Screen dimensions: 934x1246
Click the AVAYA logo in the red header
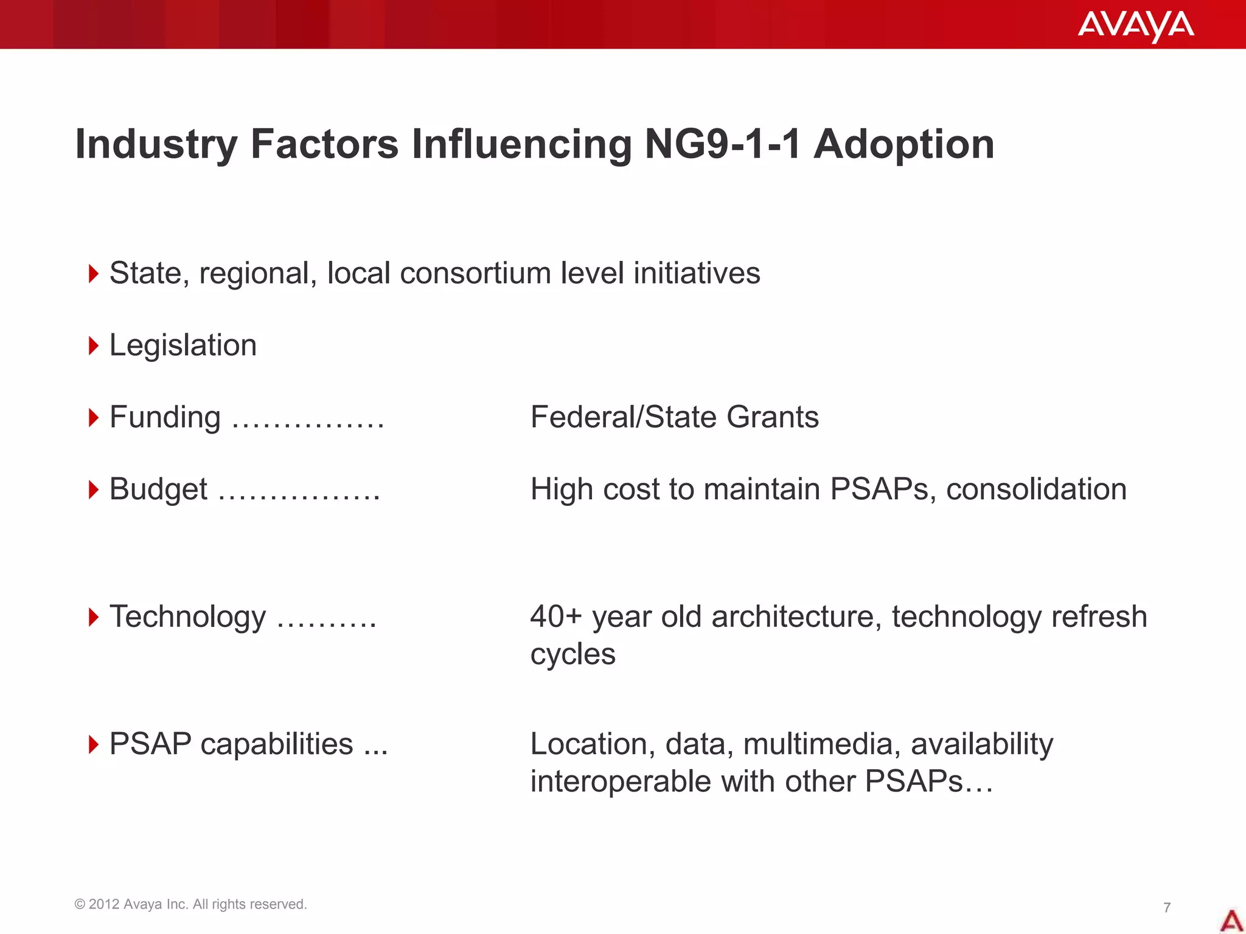click(x=1135, y=26)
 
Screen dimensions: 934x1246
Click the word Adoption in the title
click(x=903, y=145)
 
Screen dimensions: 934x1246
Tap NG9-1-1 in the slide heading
click(x=722, y=145)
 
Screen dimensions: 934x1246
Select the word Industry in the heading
click(x=156, y=145)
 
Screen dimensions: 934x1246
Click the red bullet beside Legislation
click(x=93, y=346)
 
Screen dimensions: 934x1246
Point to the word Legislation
click(x=183, y=346)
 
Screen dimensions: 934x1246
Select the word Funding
click(x=165, y=418)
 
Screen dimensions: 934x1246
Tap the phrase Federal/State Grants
click(x=674, y=418)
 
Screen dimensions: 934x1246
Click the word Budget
click(x=158, y=489)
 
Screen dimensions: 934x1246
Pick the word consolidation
click(x=1035, y=489)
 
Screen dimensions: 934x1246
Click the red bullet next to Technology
click(x=93, y=617)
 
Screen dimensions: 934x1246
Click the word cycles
click(x=573, y=655)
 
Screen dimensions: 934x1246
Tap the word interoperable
click(x=620, y=781)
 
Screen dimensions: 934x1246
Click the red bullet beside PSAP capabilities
click(x=93, y=744)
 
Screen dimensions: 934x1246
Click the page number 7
click(x=1166, y=908)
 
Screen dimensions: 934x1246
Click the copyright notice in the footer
click(x=190, y=904)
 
